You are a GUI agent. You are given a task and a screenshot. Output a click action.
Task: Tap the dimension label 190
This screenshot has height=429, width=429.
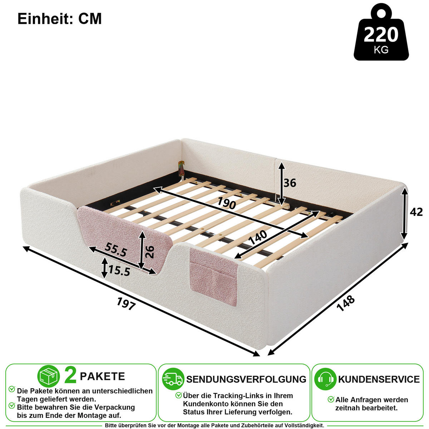(x=227, y=203)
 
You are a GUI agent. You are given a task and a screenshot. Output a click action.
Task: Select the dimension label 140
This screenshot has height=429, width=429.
(x=257, y=237)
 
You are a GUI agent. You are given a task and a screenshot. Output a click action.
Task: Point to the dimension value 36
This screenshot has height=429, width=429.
(x=290, y=183)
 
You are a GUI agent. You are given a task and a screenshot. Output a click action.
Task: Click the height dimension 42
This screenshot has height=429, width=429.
(x=416, y=212)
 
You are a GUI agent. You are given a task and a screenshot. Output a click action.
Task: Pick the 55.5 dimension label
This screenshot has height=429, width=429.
(x=116, y=250)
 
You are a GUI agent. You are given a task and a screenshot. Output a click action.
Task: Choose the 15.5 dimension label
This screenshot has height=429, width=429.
(x=119, y=271)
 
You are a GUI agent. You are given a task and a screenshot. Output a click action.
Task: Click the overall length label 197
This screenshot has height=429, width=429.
(x=126, y=304)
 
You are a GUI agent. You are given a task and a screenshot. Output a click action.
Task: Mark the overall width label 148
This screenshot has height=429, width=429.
(x=345, y=303)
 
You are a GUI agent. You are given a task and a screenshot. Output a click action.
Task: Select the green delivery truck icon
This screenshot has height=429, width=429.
(x=173, y=379)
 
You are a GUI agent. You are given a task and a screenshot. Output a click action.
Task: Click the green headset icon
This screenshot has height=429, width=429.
(x=325, y=379)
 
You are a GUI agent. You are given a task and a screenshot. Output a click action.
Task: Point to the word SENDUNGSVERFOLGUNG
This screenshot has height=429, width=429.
(x=246, y=379)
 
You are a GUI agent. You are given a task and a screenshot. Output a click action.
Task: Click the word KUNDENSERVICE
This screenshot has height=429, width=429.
(x=379, y=379)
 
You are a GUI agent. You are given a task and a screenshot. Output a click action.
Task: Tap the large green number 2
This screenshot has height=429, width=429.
(x=70, y=376)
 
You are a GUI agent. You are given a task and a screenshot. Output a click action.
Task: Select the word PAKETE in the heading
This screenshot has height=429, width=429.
(x=102, y=376)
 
